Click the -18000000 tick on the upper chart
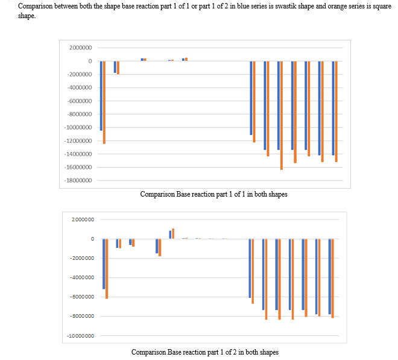78,180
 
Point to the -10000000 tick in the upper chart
78,127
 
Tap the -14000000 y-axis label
78,154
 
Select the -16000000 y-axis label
78,167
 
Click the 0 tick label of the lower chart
92,239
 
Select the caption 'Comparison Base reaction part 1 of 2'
204,352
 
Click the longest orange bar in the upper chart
282,115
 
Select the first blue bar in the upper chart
101,95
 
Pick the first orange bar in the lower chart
107,268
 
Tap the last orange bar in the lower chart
333,278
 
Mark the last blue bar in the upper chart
333,108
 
